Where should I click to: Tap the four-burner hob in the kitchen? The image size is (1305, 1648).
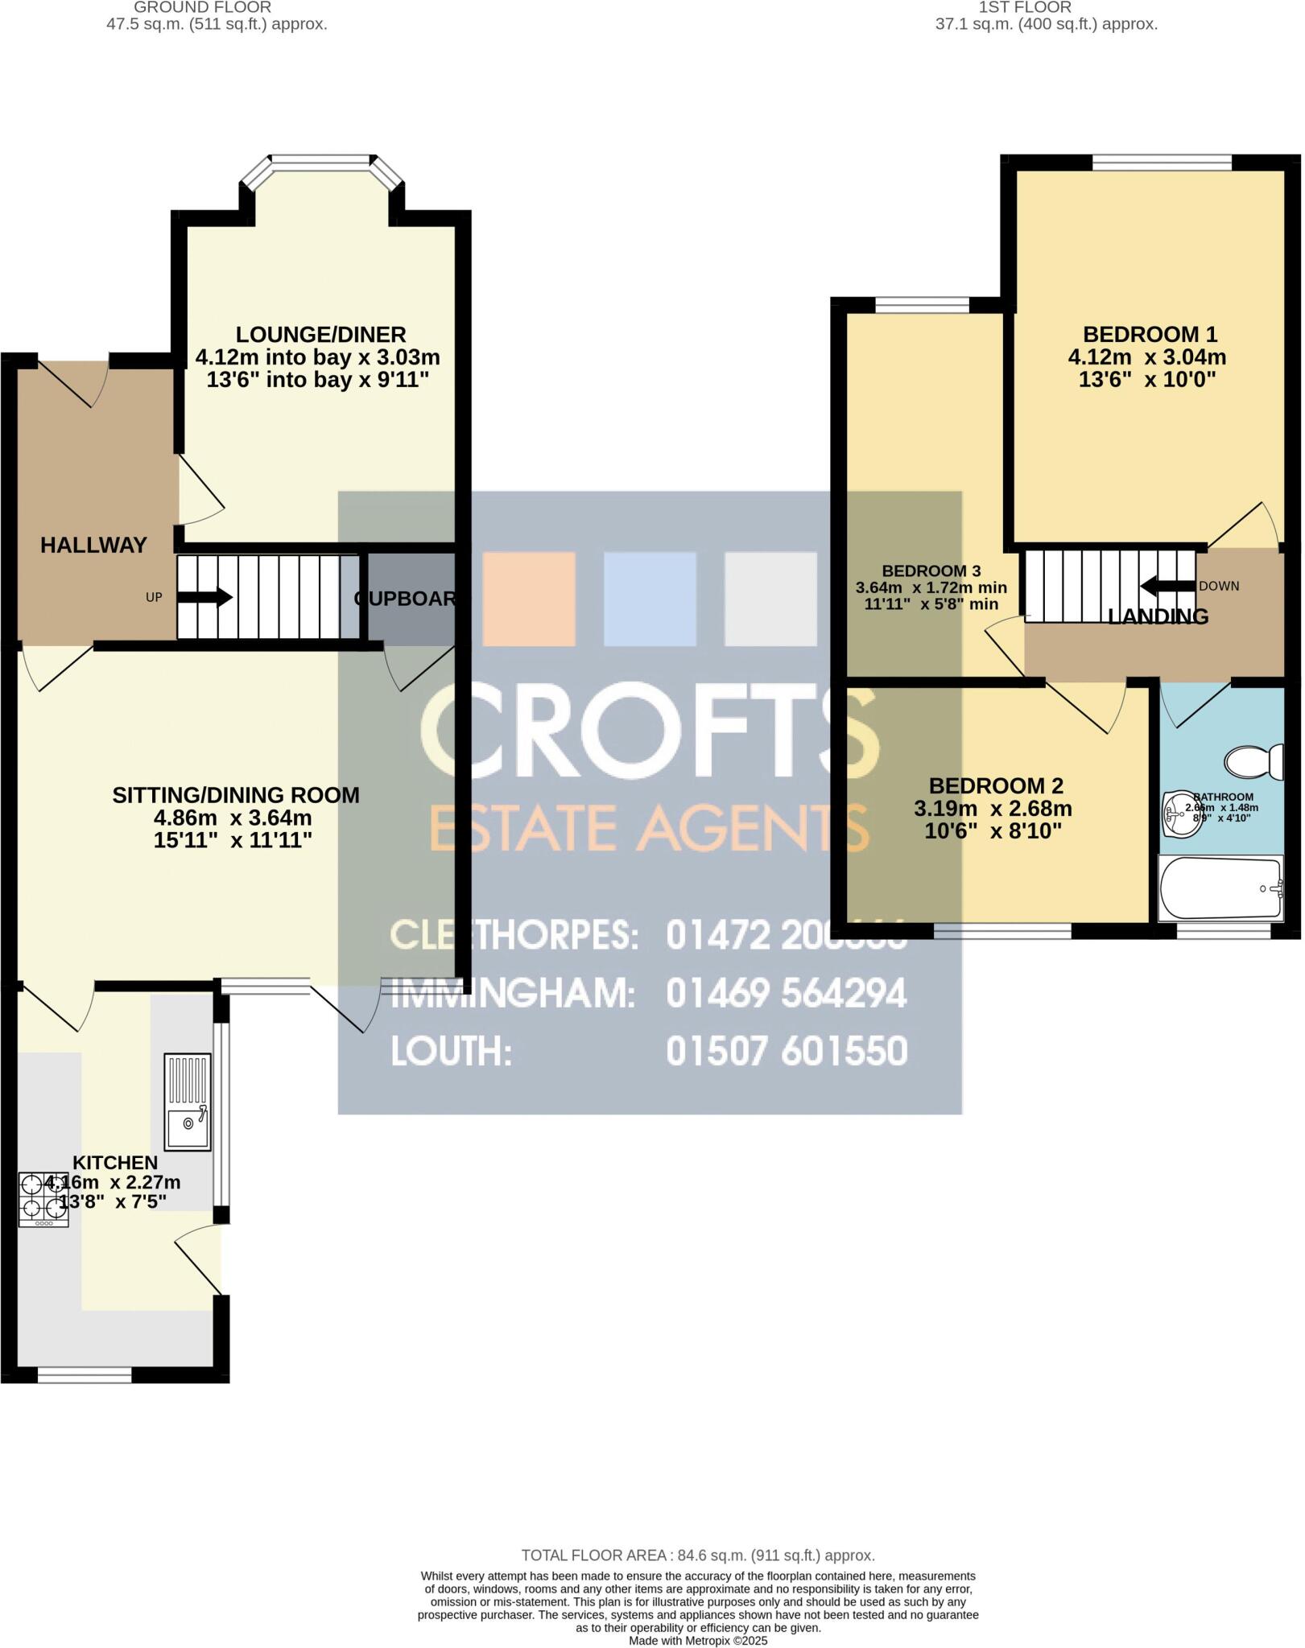(x=43, y=1200)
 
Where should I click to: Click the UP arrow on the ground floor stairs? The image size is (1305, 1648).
(x=204, y=598)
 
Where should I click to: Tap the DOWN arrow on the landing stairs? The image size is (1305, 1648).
(x=1167, y=585)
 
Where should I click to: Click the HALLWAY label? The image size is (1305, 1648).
(x=93, y=546)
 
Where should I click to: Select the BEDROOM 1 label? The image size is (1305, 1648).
(x=1149, y=334)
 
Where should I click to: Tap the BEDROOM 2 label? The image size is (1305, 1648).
(x=996, y=785)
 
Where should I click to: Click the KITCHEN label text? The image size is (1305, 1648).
(x=115, y=1162)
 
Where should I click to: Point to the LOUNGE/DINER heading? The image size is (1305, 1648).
(x=320, y=334)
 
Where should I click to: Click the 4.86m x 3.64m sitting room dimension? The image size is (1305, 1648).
(x=233, y=818)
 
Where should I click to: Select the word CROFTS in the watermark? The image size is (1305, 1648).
(x=649, y=728)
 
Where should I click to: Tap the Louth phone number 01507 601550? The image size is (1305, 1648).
(x=786, y=1051)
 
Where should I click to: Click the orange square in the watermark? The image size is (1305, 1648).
(x=528, y=598)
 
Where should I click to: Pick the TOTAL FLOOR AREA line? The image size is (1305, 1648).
(x=697, y=1555)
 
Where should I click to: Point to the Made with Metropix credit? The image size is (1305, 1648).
(x=697, y=1641)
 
